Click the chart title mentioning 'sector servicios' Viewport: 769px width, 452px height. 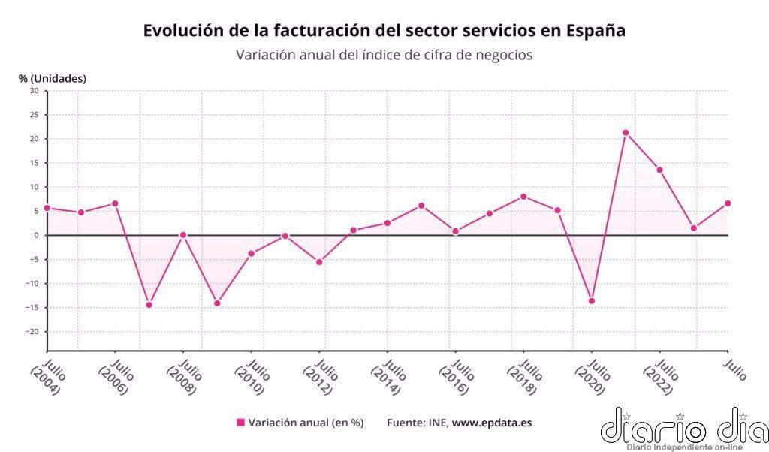pyautogui.click(x=384, y=31)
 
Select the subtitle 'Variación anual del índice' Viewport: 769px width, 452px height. pyautogui.click(x=384, y=55)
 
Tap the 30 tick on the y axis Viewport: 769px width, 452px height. pyautogui.click(x=33, y=91)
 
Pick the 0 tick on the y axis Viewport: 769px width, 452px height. pyautogui.click(x=35, y=235)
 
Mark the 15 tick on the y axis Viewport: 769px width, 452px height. pyautogui.click(x=34, y=163)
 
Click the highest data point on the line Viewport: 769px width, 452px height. pyautogui.click(x=626, y=133)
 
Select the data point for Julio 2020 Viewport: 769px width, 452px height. pyautogui.click(x=592, y=301)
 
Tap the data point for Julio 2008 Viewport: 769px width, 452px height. pyautogui.click(x=183, y=235)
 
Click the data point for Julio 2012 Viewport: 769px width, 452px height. pyautogui.click(x=319, y=262)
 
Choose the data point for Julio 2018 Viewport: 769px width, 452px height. pyautogui.click(x=523, y=197)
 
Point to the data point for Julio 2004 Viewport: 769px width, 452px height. pyautogui.click(x=47, y=208)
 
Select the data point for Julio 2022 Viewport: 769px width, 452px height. pyautogui.click(x=659, y=170)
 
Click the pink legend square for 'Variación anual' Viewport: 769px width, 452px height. pyautogui.click(x=240, y=423)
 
